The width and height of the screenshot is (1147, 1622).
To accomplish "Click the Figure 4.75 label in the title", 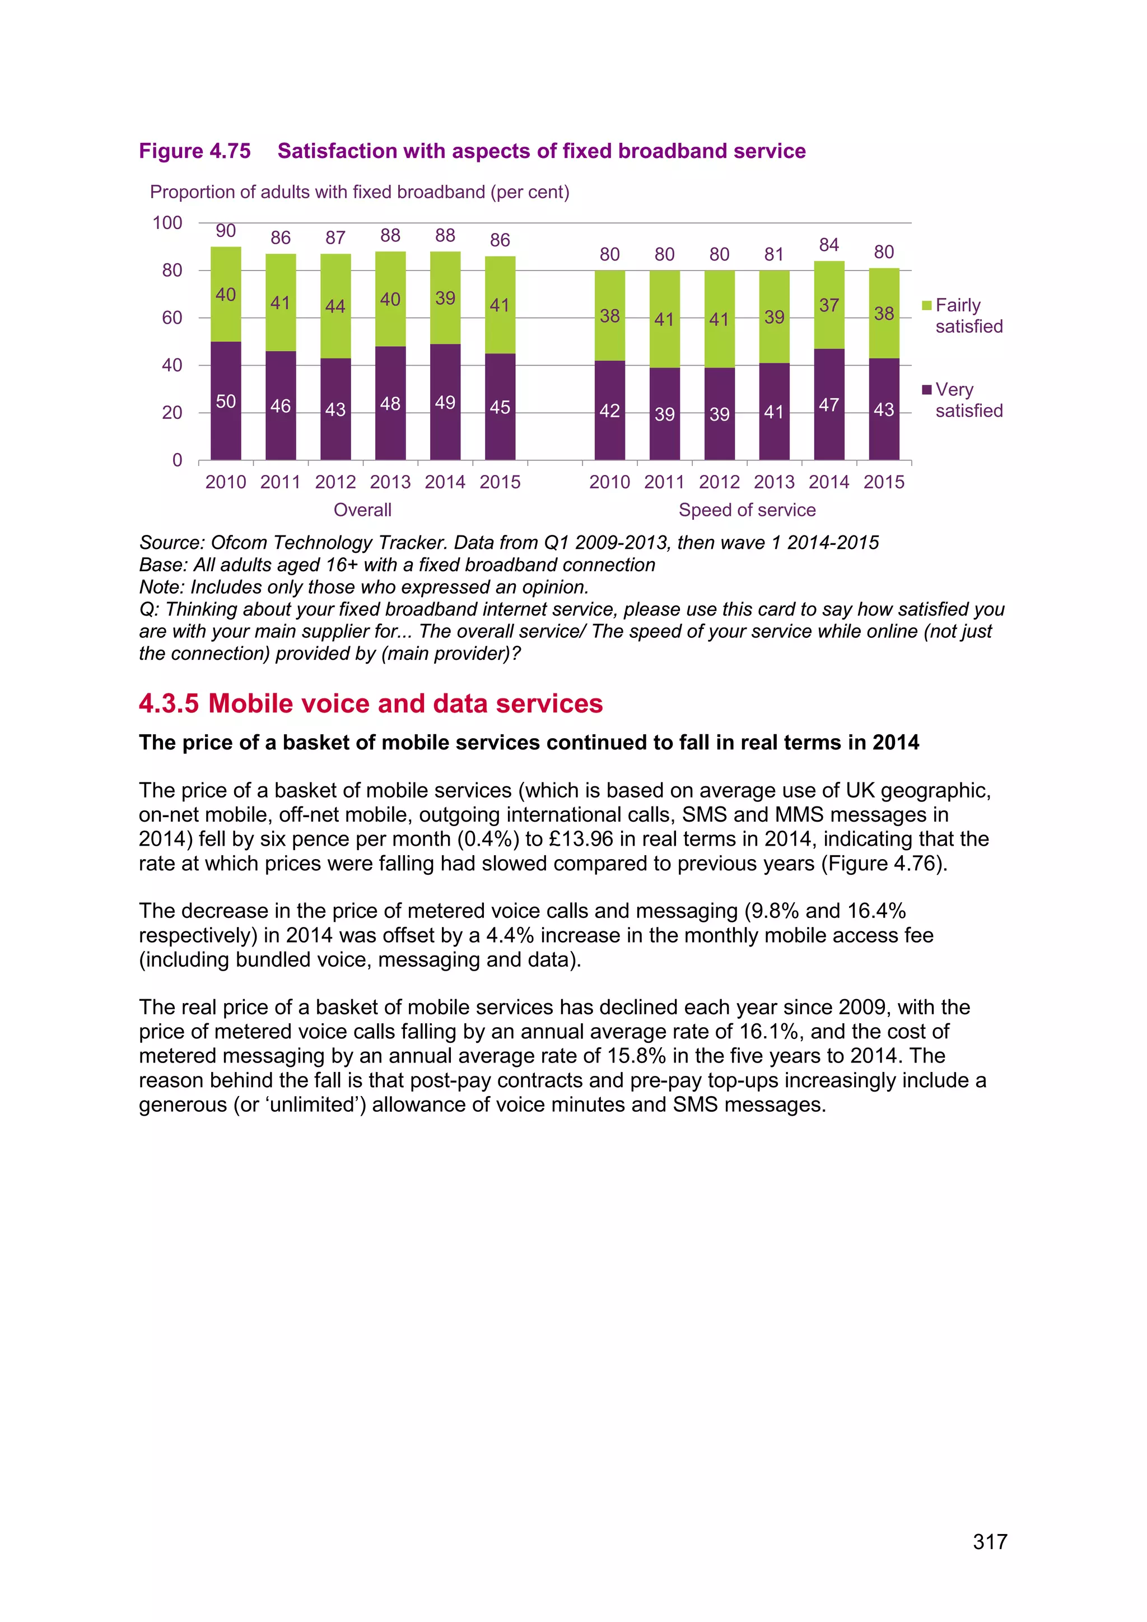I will pyautogui.click(x=195, y=151).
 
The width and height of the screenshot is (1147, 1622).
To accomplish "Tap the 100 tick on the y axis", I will pyautogui.click(x=167, y=223).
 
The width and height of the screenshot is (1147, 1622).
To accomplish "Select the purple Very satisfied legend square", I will pyautogui.click(x=927, y=390).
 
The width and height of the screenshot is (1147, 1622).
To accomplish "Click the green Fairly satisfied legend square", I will pyautogui.click(x=927, y=305).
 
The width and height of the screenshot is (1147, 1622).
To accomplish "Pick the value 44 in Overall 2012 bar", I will pyautogui.click(x=335, y=306).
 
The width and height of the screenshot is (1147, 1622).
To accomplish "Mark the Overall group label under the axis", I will pyautogui.click(x=362, y=510).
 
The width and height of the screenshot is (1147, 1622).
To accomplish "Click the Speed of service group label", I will pyautogui.click(x=747, y=510).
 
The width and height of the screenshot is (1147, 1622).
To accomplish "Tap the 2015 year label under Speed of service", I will pyautogui.click(x=884, y=482).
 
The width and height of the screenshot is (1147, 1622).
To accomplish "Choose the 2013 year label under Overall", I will pyautogui.click(x=390, y=482).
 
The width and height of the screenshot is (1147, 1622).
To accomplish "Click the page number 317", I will pyautogui.click(x=990, y=1541).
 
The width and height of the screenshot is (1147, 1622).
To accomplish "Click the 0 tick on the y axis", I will pyautogui.click(x=178, y=460).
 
